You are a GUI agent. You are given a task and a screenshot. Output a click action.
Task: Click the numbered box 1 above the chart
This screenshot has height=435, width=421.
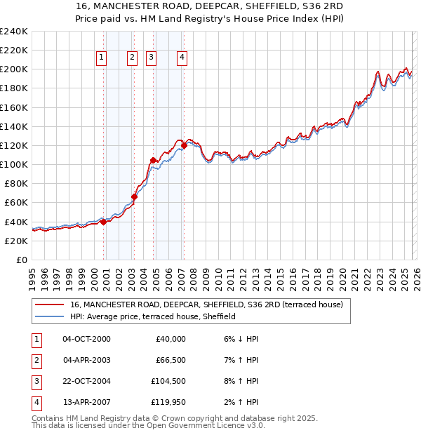(x=102, y=58)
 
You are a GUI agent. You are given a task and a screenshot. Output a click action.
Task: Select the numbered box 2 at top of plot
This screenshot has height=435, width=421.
(x=132, y=58)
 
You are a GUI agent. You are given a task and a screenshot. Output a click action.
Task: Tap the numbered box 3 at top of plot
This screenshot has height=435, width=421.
(x=152, y=58)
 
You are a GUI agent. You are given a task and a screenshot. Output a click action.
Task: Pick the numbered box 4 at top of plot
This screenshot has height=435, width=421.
(x=182, y=58)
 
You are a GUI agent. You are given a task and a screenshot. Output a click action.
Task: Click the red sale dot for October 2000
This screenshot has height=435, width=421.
(x=103, y=222)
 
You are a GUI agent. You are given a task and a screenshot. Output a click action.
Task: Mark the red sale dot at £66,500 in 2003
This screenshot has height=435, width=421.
(x=134, y=196)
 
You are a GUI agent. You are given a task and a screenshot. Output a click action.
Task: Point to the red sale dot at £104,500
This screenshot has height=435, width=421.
(x=153, y=160)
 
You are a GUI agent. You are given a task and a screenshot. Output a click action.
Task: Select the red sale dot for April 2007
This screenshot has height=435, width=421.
(x=184, y=145)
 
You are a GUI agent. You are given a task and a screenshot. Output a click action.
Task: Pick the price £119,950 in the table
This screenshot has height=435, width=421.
(x=170, y=402)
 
